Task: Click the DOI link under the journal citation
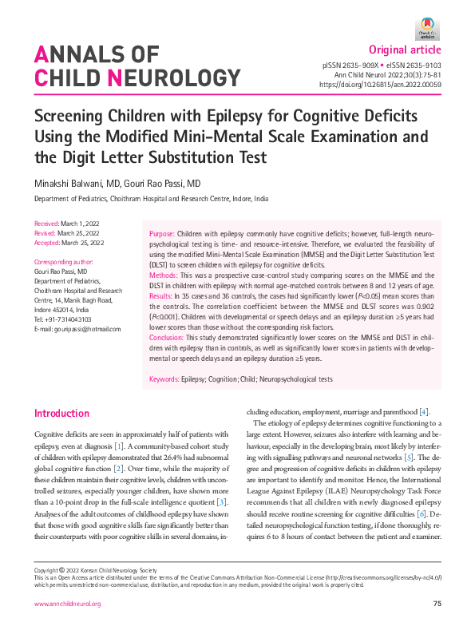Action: click(x=380, y=83)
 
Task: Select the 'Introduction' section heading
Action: click(x=61, y=414)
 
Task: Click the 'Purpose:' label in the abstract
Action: click(x=164, y=233)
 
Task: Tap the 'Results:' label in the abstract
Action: click(x=164, y=296)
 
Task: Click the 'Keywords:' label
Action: click(x=168, y=379)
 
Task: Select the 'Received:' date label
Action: click(x=49, y=223)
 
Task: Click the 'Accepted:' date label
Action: click(x=49, y=241)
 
